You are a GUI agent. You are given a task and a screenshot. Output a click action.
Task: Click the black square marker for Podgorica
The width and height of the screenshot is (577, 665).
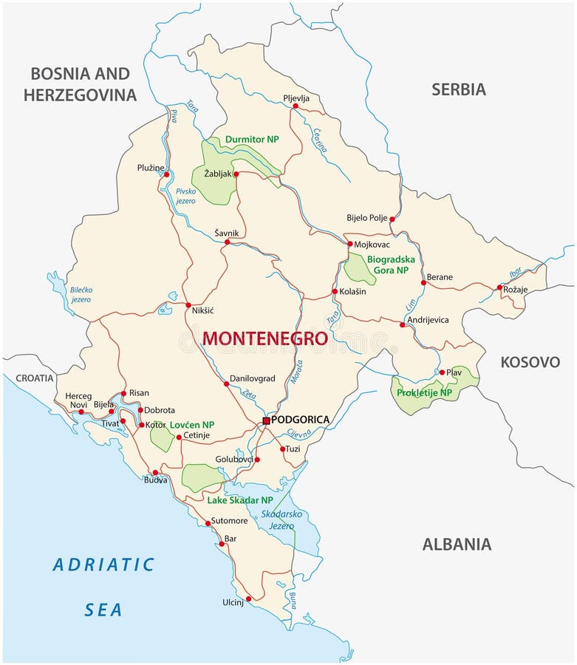(x=266, y=420)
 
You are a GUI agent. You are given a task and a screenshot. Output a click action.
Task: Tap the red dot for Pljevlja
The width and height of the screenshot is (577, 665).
(x=296, y=106)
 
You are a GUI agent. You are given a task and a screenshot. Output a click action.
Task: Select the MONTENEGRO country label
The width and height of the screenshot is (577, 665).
(x=264, y=338)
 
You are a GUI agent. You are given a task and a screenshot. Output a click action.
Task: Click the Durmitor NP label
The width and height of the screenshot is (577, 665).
(x=252, y=139)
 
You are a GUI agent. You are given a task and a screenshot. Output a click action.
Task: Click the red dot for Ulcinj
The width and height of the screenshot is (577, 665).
(x=249, y=598)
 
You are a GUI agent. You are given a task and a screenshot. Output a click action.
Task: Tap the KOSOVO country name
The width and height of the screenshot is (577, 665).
(x=530, y=362)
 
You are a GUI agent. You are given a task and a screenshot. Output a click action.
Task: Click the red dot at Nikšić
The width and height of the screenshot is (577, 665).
(x=188, y=305)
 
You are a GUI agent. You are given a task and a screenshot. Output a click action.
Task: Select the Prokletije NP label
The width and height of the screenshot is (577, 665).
(x=424, y=392)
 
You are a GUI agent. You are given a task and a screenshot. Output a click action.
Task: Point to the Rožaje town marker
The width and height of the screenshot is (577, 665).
(x=499, y=287)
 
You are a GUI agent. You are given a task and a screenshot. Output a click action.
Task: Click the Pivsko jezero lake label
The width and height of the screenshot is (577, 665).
(x=185, y=196)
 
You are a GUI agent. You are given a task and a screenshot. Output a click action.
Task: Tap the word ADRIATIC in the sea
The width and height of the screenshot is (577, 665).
(x=103, y=565)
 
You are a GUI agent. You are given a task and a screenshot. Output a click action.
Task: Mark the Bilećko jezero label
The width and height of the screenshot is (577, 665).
(x=81, y=295)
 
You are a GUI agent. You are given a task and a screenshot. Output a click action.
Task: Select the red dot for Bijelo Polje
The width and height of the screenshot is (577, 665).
(x=392, y=219)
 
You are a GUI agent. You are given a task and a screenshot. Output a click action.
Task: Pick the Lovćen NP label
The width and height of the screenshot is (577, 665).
(x=192, y=425)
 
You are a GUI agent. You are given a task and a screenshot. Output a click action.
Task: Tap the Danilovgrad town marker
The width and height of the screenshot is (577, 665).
(x=226, y=383)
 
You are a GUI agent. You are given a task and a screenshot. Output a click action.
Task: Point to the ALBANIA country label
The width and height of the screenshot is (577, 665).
(x=456, y=545)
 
